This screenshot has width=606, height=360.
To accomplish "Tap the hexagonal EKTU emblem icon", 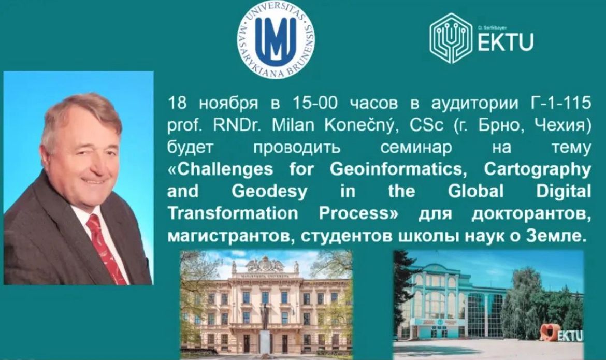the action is (451, 38).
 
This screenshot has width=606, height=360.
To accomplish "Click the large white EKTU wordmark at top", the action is (506, 42).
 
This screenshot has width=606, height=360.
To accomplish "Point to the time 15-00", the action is (315, 103).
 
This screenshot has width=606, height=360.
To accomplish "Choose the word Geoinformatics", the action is (396, 169).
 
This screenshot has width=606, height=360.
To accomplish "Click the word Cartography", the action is (538, 170).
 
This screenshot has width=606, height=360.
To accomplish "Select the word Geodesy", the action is (269, 192).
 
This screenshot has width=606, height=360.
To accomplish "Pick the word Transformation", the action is (233, 213).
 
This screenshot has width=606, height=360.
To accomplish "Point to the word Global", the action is (476, 192).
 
